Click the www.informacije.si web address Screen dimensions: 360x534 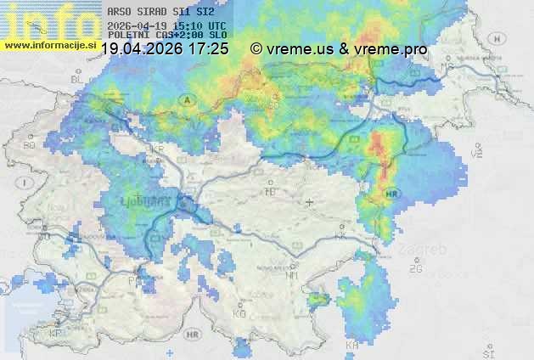(x=48, y=45)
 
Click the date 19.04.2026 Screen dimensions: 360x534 (x=141, y=49)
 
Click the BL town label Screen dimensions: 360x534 (x=76, y=79)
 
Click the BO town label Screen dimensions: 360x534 (x=30, y=145)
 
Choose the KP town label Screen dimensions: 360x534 (x=56, y=333)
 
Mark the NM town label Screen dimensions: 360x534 (x=292, y=275)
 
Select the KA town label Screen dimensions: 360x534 (x=352, y=344)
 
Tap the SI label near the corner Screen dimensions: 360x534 (x=487, y=350)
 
